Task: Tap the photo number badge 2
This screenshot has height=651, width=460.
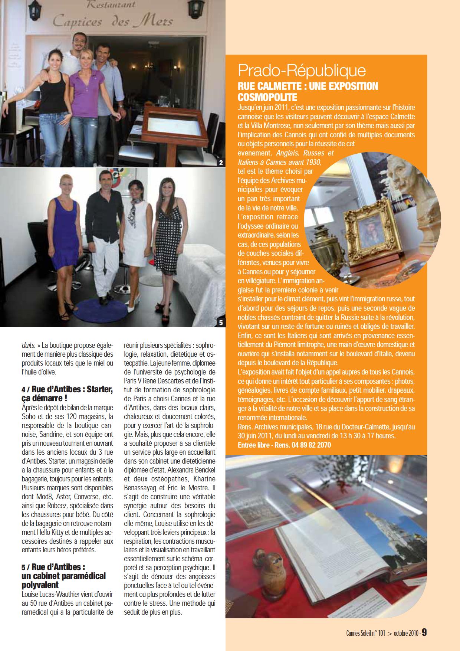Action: click(x=221, y=163)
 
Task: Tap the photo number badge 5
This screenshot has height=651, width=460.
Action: click(x=221, y=323)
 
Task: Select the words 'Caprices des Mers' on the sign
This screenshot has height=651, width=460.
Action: click(x=113, y=22)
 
